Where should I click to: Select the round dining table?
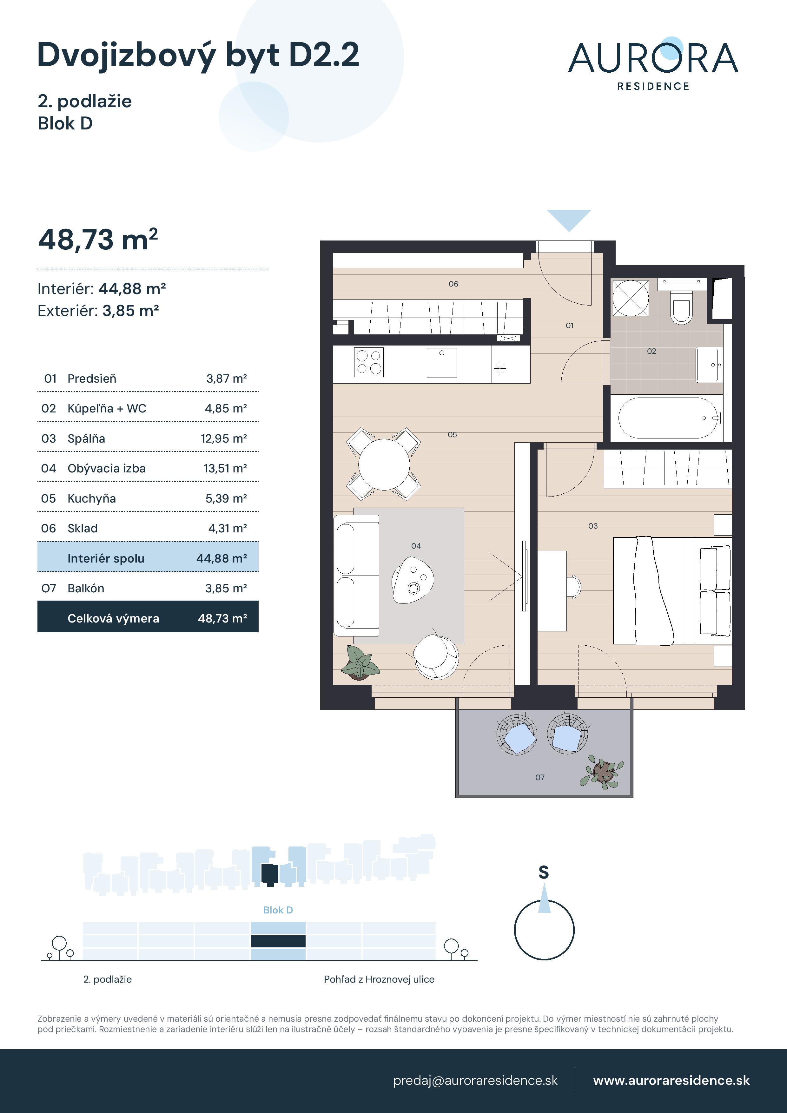384,464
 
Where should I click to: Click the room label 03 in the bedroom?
592,526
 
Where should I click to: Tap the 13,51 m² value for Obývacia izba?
225,468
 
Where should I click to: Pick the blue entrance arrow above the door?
569,219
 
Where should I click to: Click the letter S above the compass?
544,873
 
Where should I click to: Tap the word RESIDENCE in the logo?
653,86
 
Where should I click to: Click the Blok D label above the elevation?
278,910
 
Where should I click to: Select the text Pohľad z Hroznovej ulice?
379,979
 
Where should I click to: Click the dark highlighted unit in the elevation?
278,941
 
